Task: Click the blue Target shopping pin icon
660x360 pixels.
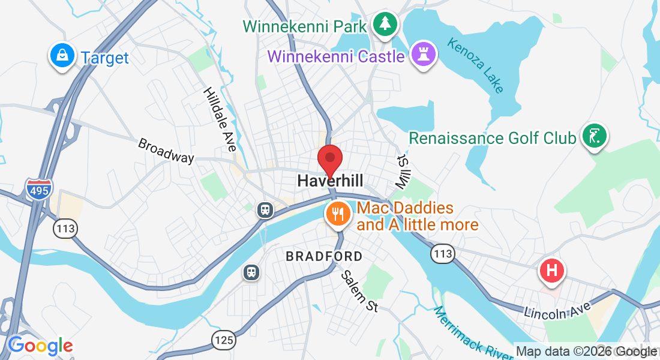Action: pos(61,56)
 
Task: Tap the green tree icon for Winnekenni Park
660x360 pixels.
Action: pos(385,25)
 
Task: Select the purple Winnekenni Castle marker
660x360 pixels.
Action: pos(424,55)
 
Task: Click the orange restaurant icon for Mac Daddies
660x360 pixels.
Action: pos(337,214)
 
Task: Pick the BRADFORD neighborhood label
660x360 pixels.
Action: pos(324,257)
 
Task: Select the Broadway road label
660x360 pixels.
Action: pos(166,151)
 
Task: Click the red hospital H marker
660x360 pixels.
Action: pos(552,270)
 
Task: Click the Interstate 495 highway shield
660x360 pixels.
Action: pos(38,189)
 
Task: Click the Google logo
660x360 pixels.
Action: pos(40,346)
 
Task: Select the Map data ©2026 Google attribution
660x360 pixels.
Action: pos(586,352)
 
